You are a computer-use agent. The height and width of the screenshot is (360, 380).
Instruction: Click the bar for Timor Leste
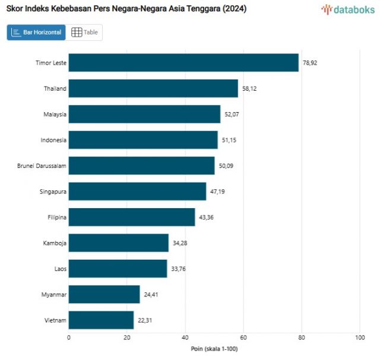click(183, 63)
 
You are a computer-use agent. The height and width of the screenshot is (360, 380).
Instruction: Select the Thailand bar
click(153, 88)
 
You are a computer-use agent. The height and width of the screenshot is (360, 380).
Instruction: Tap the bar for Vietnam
click(101, 320)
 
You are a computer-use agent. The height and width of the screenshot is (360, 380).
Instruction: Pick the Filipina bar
click(132, 217)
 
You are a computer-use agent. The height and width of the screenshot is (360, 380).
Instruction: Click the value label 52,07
click(233, 114)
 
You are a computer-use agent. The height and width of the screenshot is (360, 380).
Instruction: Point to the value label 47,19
click(218, 192)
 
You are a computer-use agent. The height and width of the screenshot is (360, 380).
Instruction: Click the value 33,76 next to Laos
click(179, 269)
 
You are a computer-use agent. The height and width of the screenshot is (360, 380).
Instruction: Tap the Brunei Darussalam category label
click(42, 166)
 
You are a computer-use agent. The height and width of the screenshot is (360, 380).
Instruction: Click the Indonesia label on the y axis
click(53, 140)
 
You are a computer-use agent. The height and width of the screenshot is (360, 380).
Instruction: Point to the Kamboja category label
click(55, 243)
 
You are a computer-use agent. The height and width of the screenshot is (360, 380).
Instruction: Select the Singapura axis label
click(52, 192)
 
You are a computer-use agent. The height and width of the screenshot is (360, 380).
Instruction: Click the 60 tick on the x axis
click(243, 337)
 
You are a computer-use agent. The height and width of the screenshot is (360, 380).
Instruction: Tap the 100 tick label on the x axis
click(359, 337)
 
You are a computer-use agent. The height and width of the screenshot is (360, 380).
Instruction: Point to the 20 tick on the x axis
click(126, 337)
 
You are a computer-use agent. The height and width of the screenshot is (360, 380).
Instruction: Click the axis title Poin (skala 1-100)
click(214, 349)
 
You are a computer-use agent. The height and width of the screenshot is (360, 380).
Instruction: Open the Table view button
click(84, 33)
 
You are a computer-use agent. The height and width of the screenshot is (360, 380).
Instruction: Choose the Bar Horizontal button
click(36, 33)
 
